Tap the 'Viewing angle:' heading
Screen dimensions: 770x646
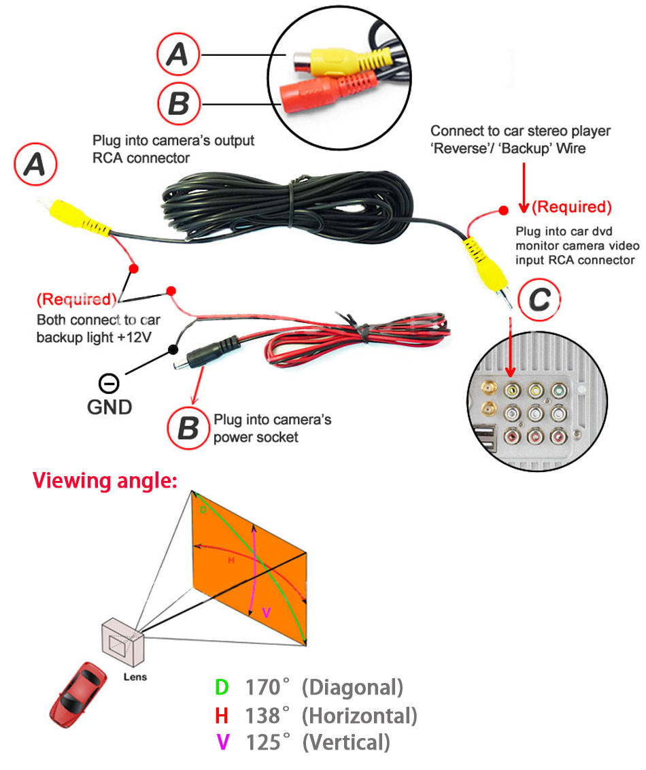click(105, 481)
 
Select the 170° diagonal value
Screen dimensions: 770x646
click(263, 688)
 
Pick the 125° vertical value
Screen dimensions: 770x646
click(263, 742)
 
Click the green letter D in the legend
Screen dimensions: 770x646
click(222, 688)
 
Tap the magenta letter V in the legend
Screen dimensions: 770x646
click(222, 742)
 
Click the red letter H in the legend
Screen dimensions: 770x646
click(222, 715)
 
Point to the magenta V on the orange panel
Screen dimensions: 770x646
click(267, 613)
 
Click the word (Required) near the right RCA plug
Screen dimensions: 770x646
click(571, 206)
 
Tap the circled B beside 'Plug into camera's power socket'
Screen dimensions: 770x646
click(187, 429)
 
